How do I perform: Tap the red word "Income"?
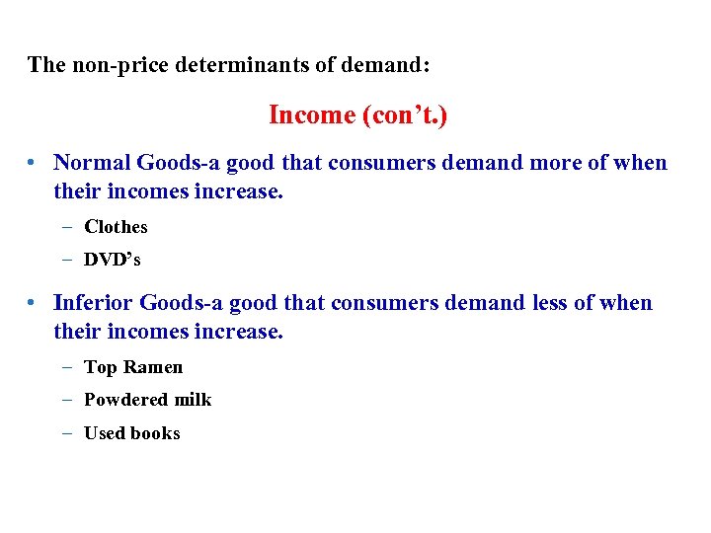(x=311, y=115)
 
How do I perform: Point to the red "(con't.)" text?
(x=405, y=115)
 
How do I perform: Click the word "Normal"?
(x=92, y=163)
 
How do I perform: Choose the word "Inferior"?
(x=93, y=303)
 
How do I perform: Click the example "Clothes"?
(x=116, y=227)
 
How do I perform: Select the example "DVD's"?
(x=113, y=260)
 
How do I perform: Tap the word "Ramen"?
(x=153, y=367)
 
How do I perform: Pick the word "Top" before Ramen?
(x=100, y=367)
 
